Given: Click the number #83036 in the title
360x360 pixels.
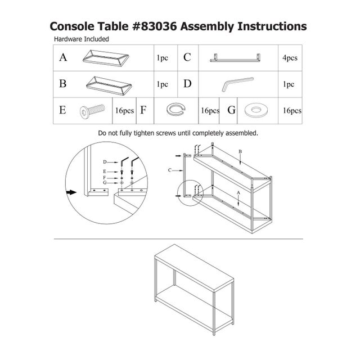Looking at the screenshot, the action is [155, 26].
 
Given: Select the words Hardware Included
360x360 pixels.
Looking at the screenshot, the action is [81, 39].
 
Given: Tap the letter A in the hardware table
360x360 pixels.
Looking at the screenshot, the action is [63, 57].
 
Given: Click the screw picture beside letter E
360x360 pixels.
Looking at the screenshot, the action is [92, 111].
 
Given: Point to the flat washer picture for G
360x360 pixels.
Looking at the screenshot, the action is [255, 110].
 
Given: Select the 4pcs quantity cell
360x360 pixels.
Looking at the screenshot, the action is [290, 58].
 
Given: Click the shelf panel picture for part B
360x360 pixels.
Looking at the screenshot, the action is [109, 85].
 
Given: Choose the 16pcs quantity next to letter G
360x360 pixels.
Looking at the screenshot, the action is [292, 111].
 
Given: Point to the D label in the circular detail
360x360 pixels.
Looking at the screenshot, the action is [105, 162].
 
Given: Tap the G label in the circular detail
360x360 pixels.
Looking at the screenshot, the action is [105, 183].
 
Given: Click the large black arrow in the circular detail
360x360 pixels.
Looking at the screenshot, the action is [71, 192].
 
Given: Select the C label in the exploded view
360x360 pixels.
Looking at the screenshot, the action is [170, 170].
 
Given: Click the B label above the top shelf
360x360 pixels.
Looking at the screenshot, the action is [240, 151].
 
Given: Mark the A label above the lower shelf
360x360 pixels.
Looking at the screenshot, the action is [238, 193].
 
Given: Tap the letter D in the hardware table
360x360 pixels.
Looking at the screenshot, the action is [187, 84].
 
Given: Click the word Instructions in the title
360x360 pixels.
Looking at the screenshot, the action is [272, 26].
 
